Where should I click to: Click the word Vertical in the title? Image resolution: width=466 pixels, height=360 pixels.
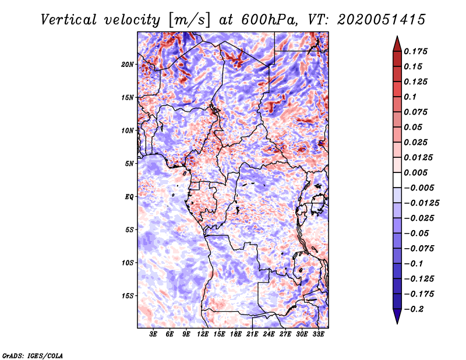point(69,20)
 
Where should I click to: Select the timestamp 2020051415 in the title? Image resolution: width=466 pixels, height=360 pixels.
point(382,20)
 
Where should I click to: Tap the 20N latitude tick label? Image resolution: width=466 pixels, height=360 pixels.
point(127,65)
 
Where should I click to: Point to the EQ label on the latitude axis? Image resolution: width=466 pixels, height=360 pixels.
point(129,197)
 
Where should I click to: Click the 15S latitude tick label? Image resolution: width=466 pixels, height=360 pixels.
point(127,296)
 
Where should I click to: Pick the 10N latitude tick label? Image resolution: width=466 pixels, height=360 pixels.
point(127,130)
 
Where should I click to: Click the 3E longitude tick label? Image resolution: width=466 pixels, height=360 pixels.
point(153,334)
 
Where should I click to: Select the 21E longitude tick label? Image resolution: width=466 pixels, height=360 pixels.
point(252,334)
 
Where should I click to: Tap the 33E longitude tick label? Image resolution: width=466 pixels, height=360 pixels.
point(318,334)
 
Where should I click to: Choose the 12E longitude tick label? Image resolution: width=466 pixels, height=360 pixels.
point(202,334)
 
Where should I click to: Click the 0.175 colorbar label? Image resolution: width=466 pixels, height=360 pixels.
point(415,51)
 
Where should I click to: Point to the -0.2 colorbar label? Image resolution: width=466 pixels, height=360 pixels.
point(414,309)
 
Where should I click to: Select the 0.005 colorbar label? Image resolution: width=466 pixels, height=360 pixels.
point(415,172)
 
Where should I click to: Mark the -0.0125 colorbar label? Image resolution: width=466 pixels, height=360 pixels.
point(421,203)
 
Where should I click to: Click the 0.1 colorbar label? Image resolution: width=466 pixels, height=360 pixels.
point(410,97)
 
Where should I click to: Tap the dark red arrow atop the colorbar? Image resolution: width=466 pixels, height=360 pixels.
point(397,44)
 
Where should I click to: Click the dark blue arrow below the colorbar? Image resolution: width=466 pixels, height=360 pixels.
point(397,316)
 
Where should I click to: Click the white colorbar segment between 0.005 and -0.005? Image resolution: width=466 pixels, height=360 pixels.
point(397,180)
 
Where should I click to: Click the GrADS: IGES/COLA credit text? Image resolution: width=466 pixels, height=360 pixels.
point(33,355)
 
